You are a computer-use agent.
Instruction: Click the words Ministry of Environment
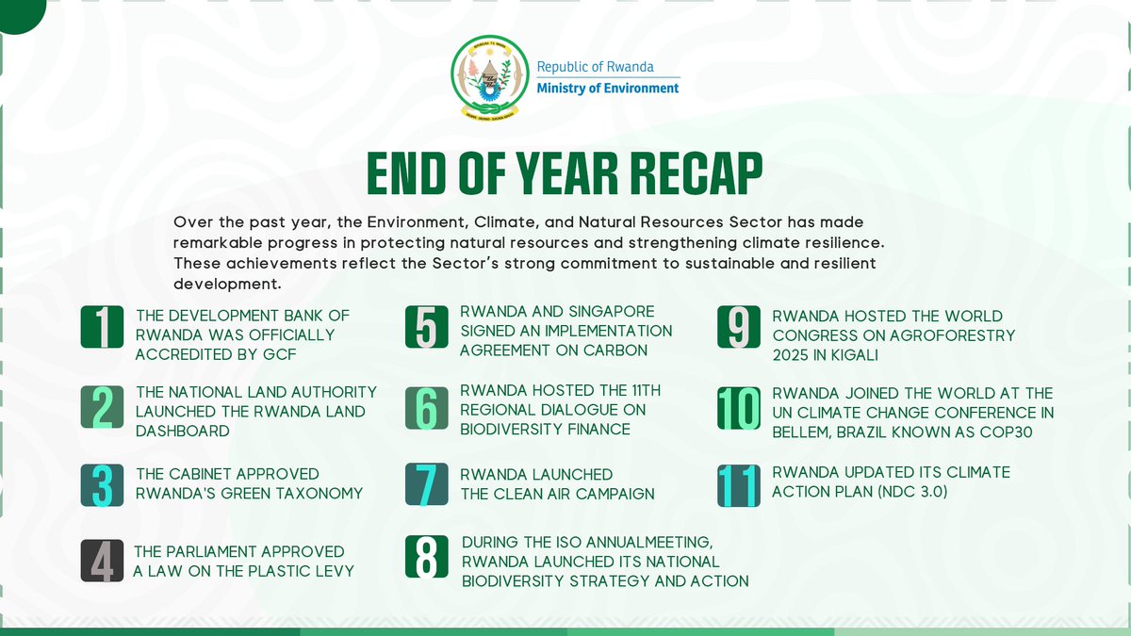pyautogui.click(x=607, y=89)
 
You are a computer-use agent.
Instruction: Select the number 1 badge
pyautogui.click(x=105, y=327)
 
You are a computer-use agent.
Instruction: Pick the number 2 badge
pyautogui.click(x=105, y=408)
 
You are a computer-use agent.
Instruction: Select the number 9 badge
pyautogui.click(x=739, y=327)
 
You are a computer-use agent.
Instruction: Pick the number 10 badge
pyautogui.click(x=739, y=408)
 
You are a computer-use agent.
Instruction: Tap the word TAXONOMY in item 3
pyautogui.click(x=320, y=493)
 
